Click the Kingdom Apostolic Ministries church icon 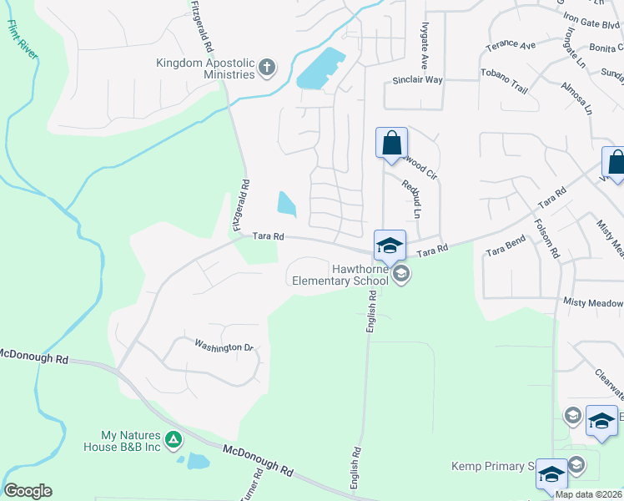pos(267,68)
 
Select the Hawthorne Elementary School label pos(340,275)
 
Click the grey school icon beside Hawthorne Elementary pos(402,273)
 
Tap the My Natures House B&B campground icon pos(173,439)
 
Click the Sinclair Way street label pos(417,80)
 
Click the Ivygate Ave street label pos(424,46)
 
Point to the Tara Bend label pos(506,247)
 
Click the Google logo pos(28,491)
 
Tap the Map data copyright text pos(589,494)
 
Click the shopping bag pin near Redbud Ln pos(391,143)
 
